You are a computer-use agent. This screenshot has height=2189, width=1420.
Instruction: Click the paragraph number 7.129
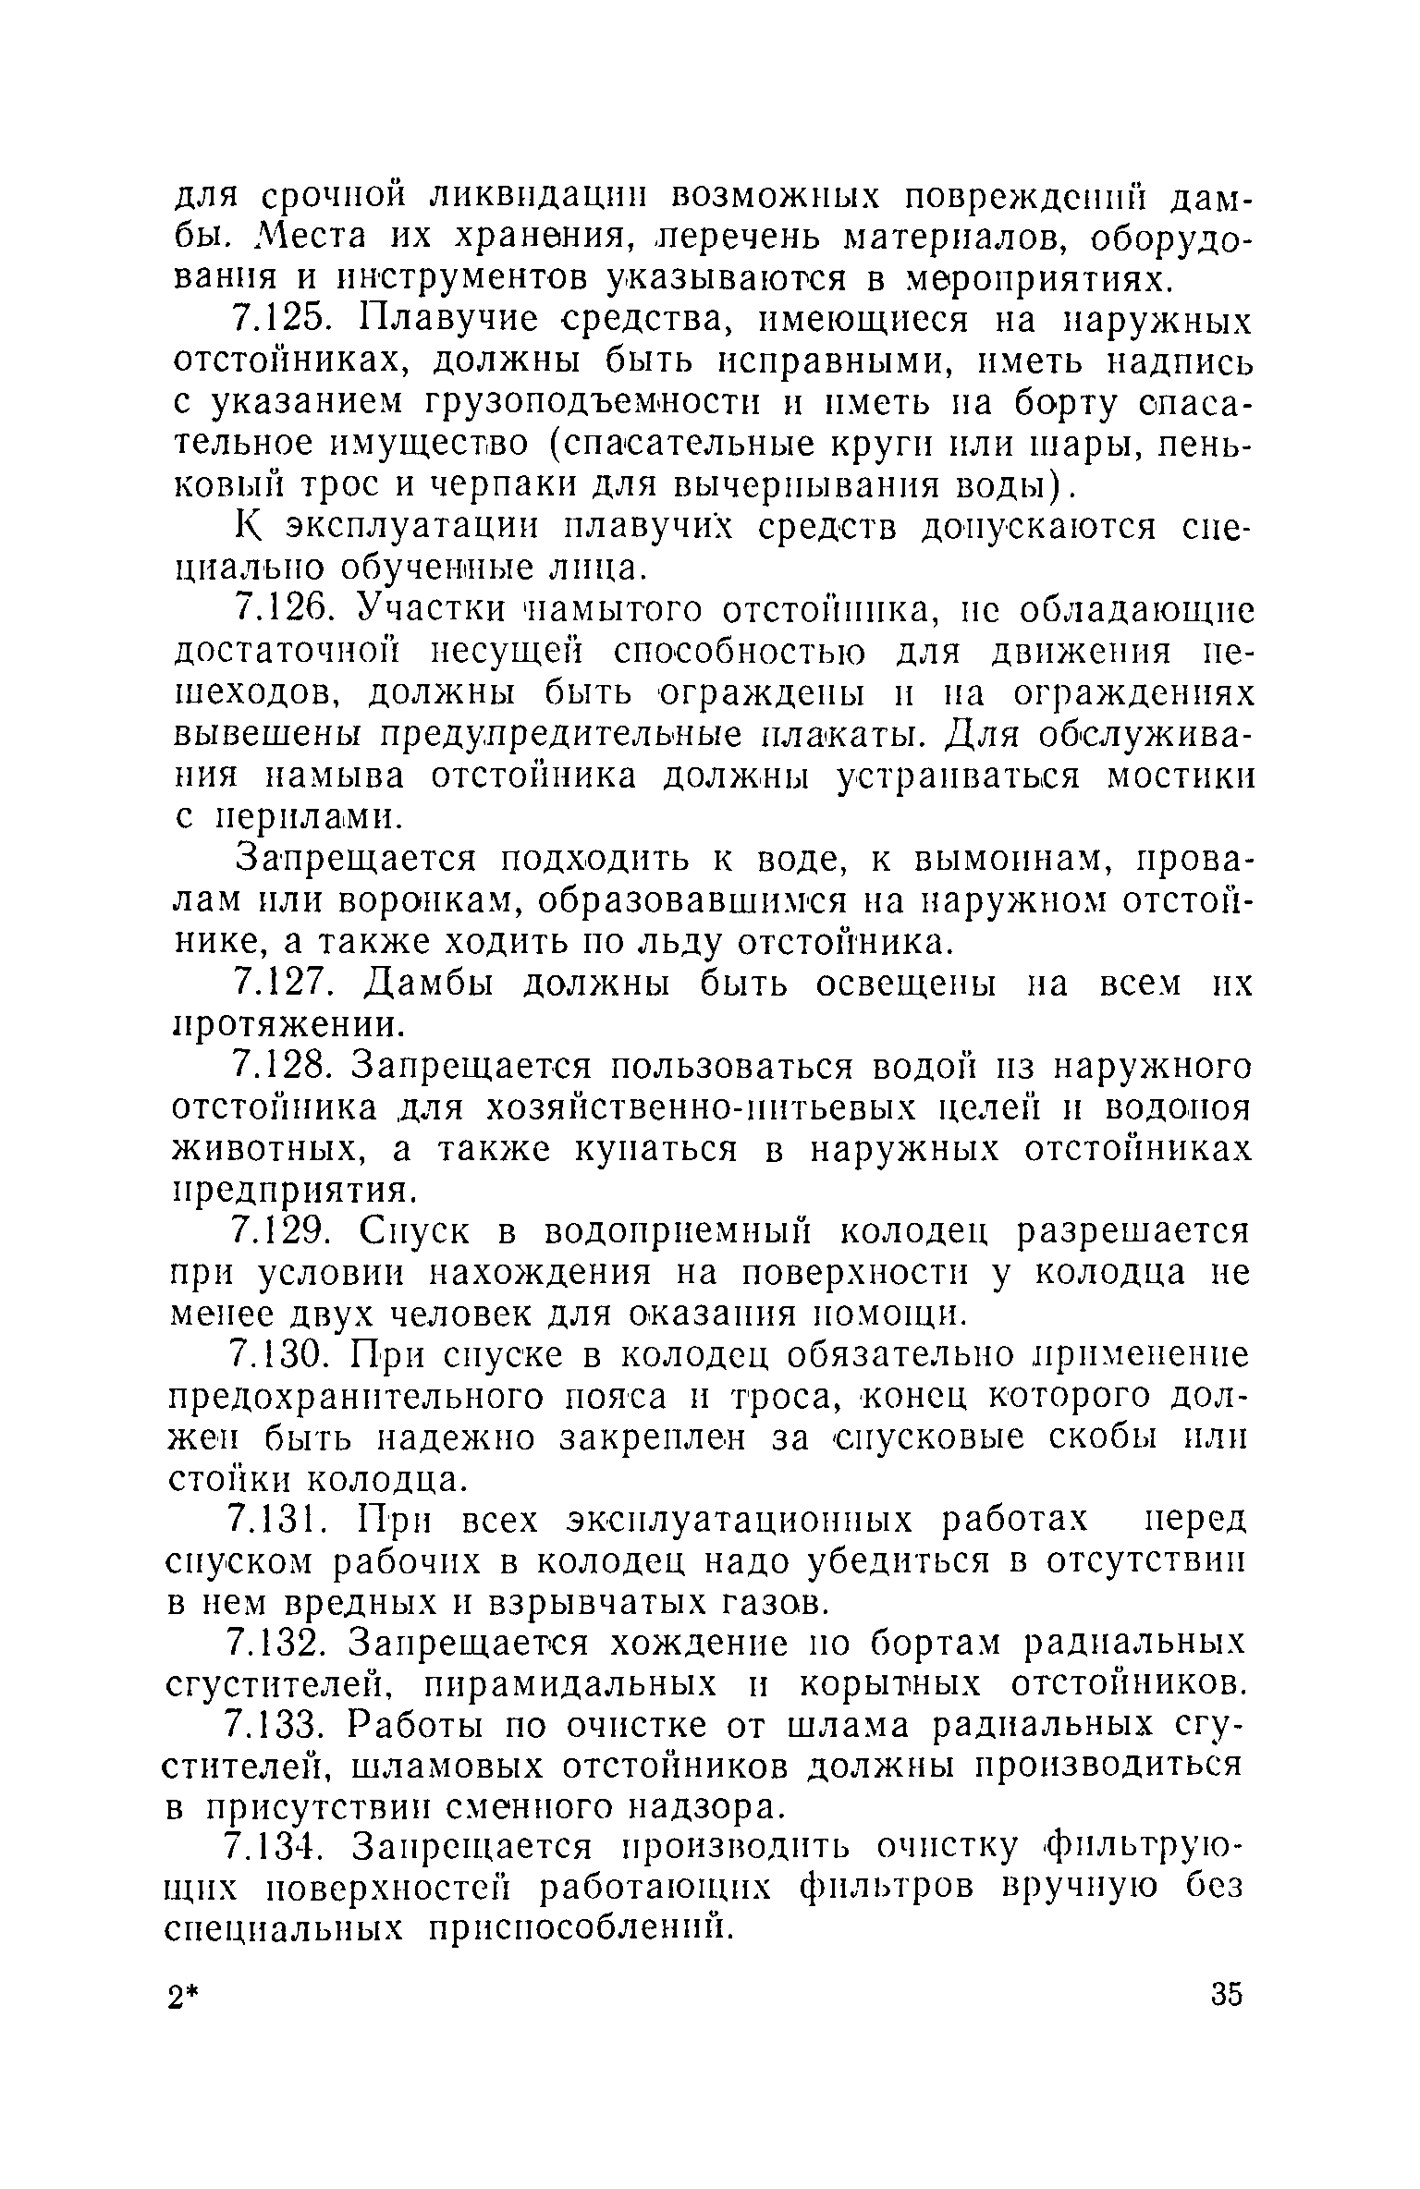point(281,1232)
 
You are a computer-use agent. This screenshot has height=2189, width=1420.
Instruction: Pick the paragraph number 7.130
point(282,1356)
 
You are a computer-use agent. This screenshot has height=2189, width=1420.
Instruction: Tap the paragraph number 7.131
point(280,1520)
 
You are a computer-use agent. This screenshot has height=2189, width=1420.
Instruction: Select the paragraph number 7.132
point(280,1644)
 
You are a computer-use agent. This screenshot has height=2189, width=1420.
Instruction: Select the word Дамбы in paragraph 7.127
point(424,984)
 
